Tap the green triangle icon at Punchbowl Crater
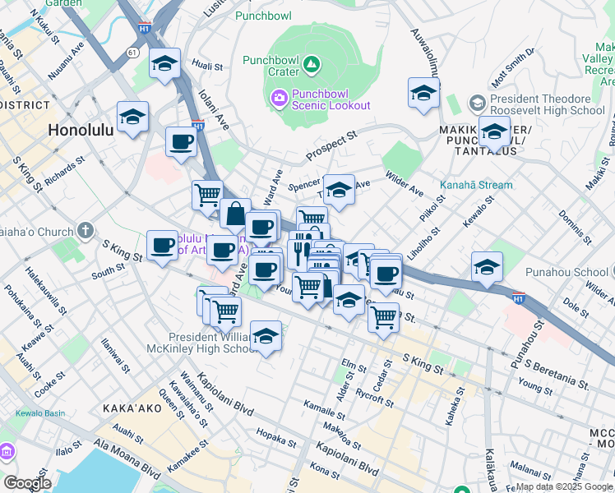(x=312, y=63)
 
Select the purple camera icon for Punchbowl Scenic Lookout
(x=280, y=99)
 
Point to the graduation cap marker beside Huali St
(x=164, y=63)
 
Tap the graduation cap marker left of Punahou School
(x=487, y=267)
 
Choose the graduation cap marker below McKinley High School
(x=265, y=337)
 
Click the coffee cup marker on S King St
(x=162, y=245)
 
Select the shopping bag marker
(x=235, y=214)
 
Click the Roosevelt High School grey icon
(x=477, y=104)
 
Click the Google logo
(x=28, y=483)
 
